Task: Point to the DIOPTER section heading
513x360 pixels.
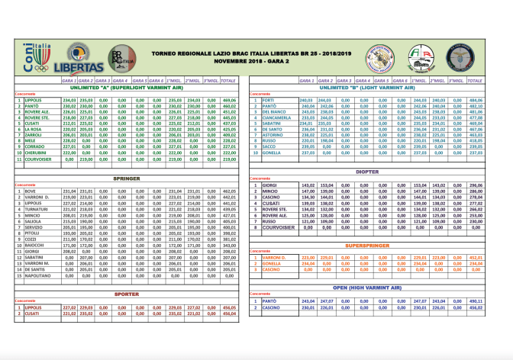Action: coord(379,172)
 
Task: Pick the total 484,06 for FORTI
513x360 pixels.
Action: coord(497,101)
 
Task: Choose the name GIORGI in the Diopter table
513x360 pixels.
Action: coord(270,185)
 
